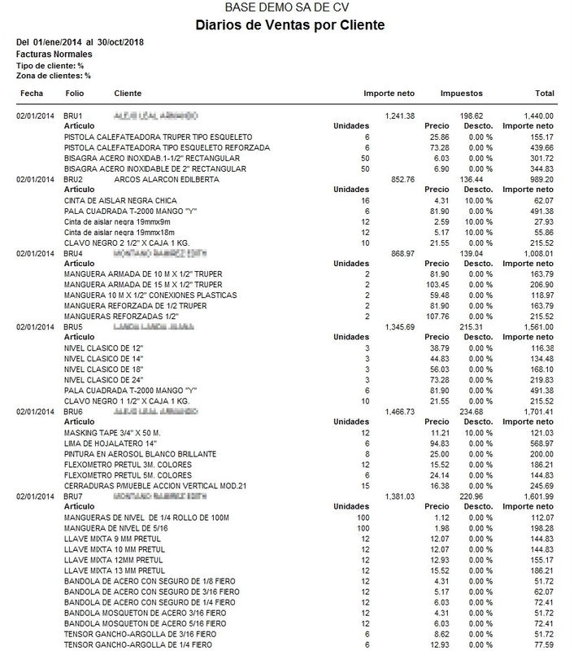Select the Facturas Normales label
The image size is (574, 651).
click(x=50, y=53)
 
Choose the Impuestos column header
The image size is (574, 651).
click(x=463, y=94)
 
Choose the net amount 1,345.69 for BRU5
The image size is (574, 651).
click(x=399, y=326)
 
